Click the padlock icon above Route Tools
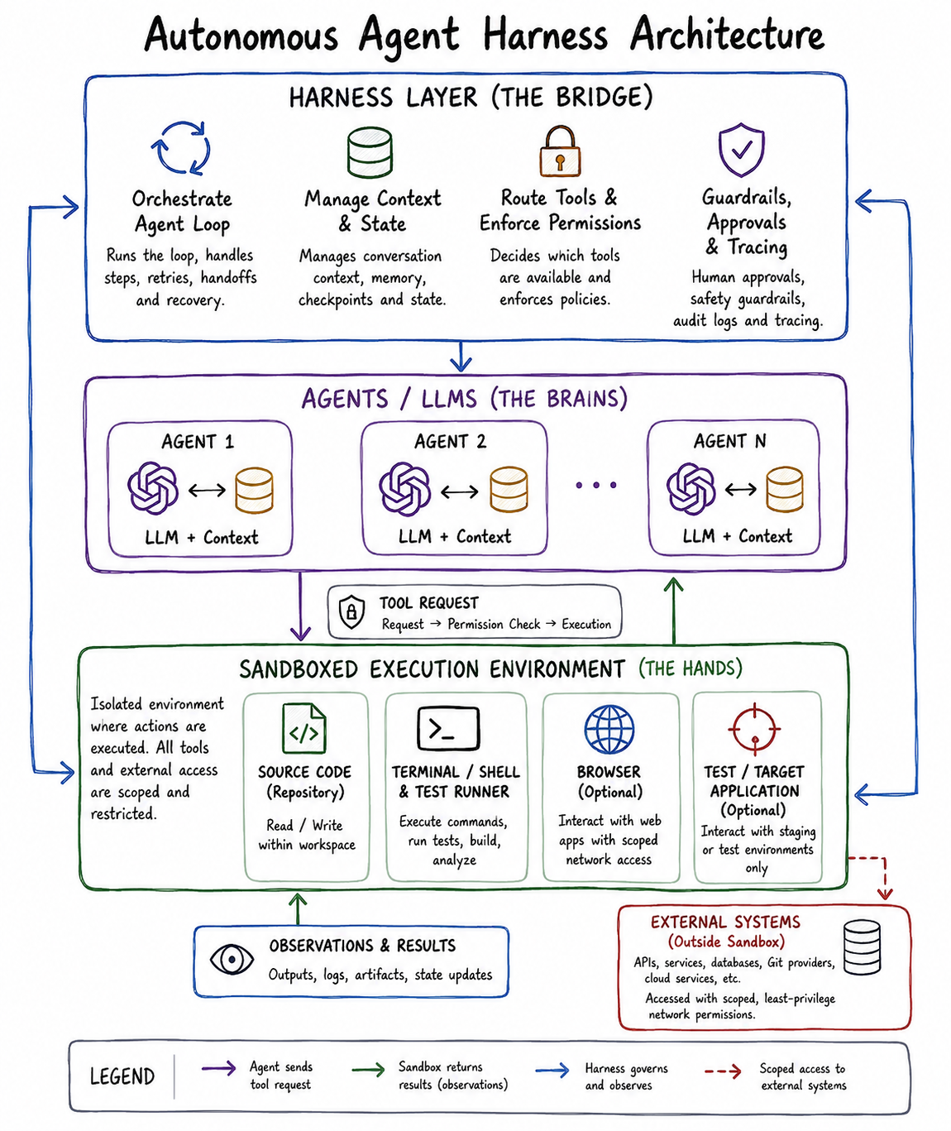point(560,151)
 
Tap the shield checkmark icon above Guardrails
point(742,150)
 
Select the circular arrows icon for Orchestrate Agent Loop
point(181,147)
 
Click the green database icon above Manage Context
point(370,152)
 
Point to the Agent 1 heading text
point(198,442)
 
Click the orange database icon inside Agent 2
point(509,489)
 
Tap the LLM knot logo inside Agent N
point(691,488)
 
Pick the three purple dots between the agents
point(595,486)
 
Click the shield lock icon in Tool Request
point(351,611)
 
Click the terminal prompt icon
point(448,728)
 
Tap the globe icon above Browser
point(609,729)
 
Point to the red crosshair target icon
point(754,729)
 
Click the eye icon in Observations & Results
point(232,959)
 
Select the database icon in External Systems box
point(863,947)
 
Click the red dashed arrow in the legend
point(723,1071)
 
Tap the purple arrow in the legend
point(219,1068)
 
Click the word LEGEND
point(122,1076)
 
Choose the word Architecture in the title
point(727,34)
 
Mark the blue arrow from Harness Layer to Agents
point(461,356)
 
